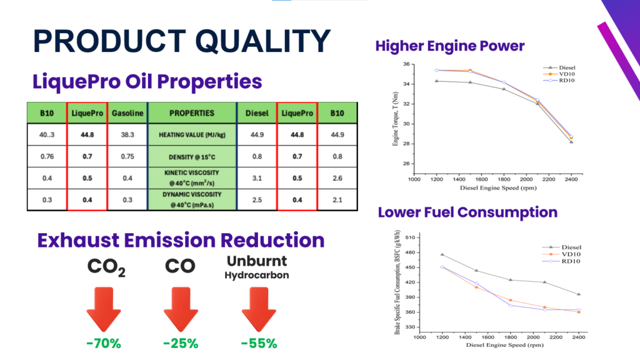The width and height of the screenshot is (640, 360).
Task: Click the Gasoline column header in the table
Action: coord(128,114)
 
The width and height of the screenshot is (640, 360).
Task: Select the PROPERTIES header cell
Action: coord(192,114)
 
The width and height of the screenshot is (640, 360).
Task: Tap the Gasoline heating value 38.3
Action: coord(128,134)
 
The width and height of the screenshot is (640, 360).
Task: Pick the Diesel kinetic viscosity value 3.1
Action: coord(257,177)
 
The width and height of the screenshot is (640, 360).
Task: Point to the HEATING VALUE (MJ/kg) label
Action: coord(192,134)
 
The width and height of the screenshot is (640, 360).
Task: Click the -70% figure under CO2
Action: coord(104,343)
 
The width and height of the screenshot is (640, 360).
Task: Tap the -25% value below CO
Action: coord(181,343)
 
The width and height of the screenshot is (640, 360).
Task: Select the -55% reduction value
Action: coord(259,343)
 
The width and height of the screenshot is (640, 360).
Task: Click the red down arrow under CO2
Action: coord(104,309)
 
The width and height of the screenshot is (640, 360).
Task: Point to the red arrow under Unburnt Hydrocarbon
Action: coord(259,309)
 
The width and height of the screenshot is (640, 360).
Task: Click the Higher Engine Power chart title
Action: coord(450,46)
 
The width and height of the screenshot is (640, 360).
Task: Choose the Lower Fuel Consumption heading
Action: coord(467,212)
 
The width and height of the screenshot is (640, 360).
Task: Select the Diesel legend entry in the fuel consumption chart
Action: coord(567,246)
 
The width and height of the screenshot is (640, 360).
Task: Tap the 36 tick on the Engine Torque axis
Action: coord(406,64)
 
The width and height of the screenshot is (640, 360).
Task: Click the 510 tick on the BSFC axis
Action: coord(410,237)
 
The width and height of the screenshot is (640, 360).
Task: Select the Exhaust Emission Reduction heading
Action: coord(181,241)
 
